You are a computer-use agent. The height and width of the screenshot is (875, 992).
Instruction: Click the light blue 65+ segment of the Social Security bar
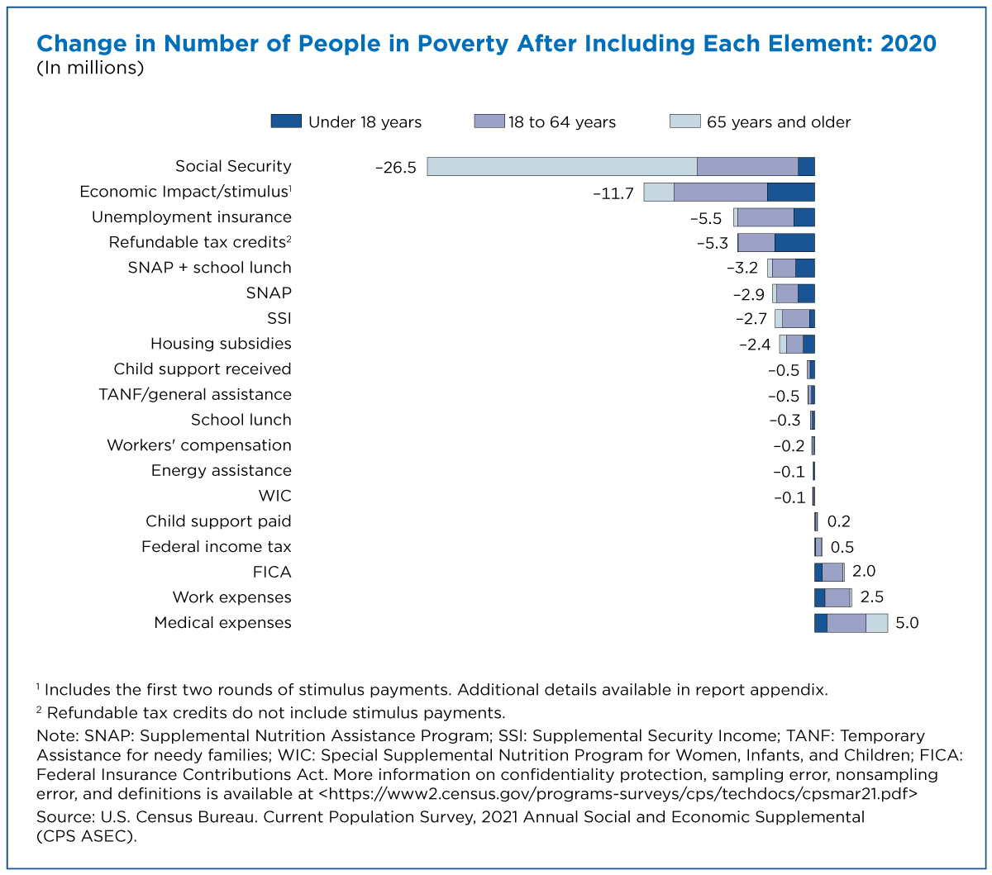tap(561, 166)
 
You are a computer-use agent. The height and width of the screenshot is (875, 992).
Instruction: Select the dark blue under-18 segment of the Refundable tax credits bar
tap(794, 243)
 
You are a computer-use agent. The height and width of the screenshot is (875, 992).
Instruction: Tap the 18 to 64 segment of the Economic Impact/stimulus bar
tap(720, 192)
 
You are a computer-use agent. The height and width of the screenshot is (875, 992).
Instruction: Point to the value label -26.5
tap(396, 168)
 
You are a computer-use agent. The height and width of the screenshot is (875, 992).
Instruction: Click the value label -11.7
tap(613, 194)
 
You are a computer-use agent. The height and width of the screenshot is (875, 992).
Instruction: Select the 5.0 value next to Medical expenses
tap(907, 623)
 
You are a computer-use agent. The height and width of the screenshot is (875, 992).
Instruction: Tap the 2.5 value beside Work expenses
tap(871, 597)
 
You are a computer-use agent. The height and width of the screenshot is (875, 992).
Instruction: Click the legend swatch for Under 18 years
tap(286, 121)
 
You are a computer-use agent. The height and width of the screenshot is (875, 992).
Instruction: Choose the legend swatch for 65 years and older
tap(684, 121)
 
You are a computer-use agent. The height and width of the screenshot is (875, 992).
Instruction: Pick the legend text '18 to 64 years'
tap(561, 121)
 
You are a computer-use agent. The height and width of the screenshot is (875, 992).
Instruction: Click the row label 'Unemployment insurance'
tap(192, 216)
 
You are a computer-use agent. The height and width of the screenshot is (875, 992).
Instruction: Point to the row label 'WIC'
tap(274, 496)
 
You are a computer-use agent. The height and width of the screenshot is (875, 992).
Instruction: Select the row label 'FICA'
tap(272, 572)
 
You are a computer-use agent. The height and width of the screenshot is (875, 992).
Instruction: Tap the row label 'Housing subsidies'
tap(221, 344)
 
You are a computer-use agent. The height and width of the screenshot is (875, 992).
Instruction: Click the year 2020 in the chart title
tap(909, 44)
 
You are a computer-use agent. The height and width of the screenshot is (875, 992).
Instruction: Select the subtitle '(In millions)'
tap(90, 68)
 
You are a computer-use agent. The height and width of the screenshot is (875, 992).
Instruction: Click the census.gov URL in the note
tap(618, 793)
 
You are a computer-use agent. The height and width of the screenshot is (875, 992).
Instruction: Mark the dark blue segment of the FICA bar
tap(818, 572)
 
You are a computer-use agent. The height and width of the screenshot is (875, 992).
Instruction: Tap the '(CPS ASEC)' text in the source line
tap(86, 836)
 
